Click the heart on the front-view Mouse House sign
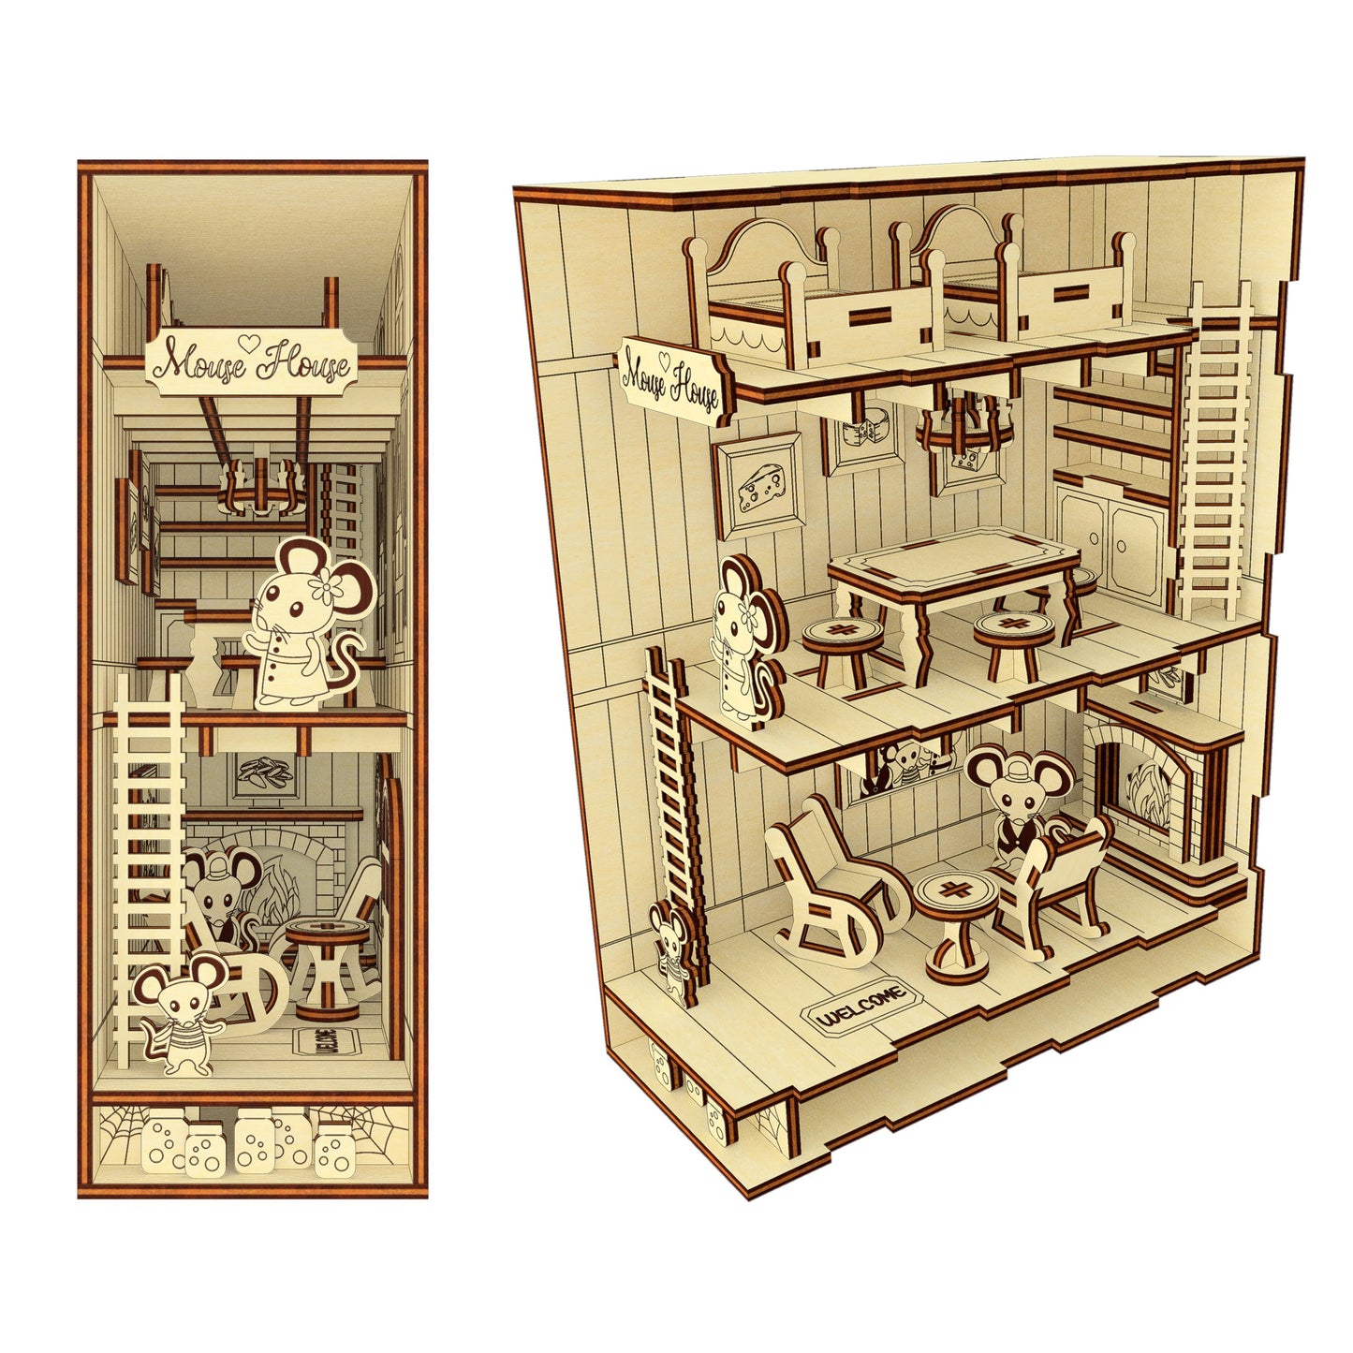(249, 344)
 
